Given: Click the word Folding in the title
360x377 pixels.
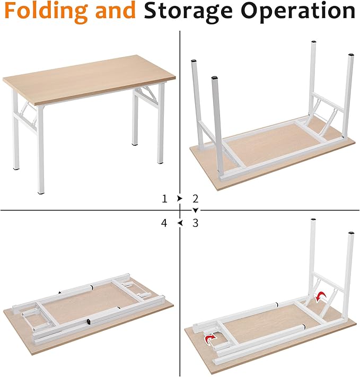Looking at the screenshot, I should click(47, 12).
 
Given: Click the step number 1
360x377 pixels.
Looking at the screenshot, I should click(164, 199).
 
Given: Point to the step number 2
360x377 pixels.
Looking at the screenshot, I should click(195, 199).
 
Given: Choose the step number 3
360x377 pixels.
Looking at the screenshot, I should click(195, 223).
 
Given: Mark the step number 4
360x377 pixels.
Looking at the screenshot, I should click(164, 223).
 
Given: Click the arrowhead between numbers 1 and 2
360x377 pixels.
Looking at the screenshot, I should click(180, 198).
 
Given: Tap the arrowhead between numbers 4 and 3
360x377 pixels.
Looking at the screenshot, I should click(180, 224).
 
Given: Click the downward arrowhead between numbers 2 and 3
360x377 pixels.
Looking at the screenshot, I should click(195, 211).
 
